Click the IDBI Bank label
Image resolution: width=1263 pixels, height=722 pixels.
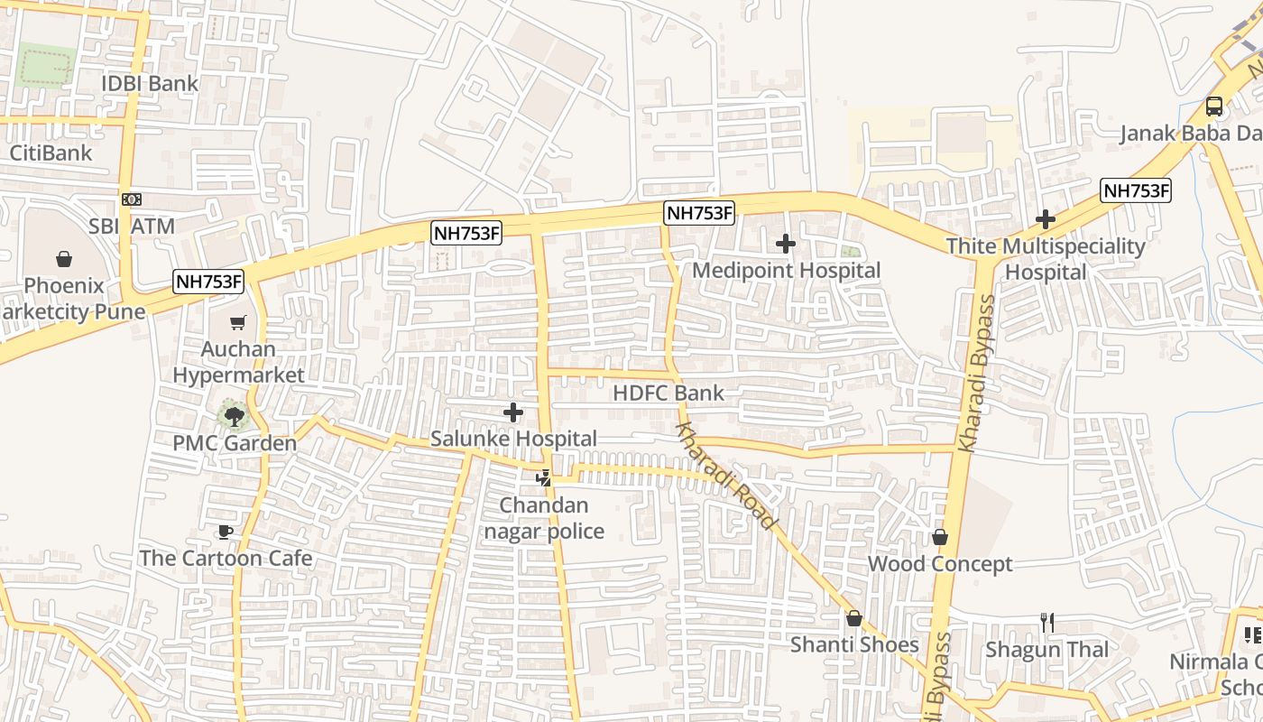coord(150,84)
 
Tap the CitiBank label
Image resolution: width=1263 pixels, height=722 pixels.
coord(51,153)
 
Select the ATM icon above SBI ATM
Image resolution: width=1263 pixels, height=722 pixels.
coord(132,199)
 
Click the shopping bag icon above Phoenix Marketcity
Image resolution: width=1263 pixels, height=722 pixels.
coord(64,260)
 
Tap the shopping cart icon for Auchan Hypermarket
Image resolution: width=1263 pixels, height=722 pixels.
coord(238,322)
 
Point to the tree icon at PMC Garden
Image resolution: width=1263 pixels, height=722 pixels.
coord(234,416)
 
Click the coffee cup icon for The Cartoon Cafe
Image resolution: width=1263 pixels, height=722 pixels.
coord(225,532)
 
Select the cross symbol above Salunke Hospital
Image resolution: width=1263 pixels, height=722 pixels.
coord(513,412)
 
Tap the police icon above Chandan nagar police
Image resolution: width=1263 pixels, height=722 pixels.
coord(543,478)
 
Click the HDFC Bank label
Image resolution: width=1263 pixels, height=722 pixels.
coord(668,393)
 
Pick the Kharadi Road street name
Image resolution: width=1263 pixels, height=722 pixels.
coord(725,476)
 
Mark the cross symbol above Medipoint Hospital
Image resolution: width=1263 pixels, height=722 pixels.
coord(786,243)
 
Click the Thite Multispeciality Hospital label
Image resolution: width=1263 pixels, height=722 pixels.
coord(1045,258)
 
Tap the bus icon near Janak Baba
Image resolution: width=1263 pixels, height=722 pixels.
coord(1214,106)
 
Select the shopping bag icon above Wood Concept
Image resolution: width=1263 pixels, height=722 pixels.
coord(940,538)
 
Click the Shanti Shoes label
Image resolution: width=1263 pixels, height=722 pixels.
coord(854,644)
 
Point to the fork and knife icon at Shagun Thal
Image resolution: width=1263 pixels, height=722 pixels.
coord(1046,623)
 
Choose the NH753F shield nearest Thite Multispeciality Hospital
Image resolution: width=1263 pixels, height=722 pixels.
coord(1136,190)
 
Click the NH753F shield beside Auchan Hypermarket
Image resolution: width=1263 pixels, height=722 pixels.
coord(209,282)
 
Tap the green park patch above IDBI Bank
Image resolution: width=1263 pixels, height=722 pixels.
coord(45,64)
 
